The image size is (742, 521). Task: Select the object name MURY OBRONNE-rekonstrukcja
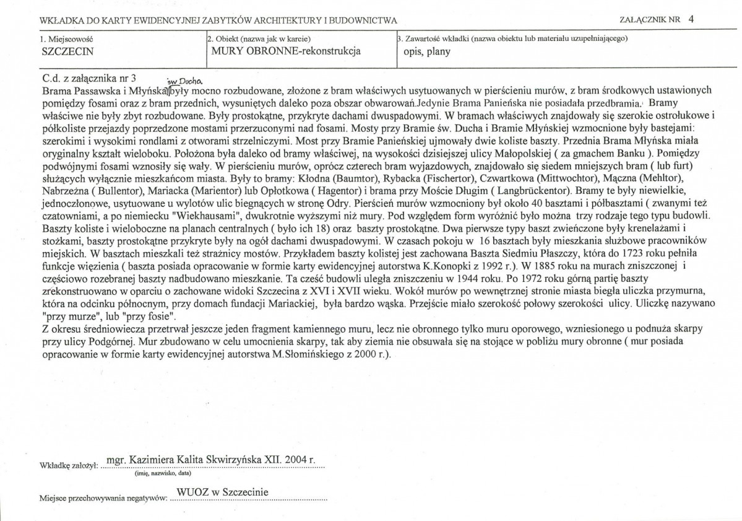(286, 51)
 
